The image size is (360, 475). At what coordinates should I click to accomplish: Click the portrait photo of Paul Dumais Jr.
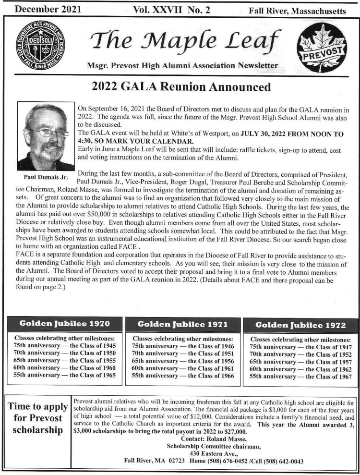(45, 137)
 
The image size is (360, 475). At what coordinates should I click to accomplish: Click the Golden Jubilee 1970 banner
(64, 324)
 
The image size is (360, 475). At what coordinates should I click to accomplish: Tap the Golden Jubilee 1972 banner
(300, 325)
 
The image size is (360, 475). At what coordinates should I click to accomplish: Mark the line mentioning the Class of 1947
(300, 347)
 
